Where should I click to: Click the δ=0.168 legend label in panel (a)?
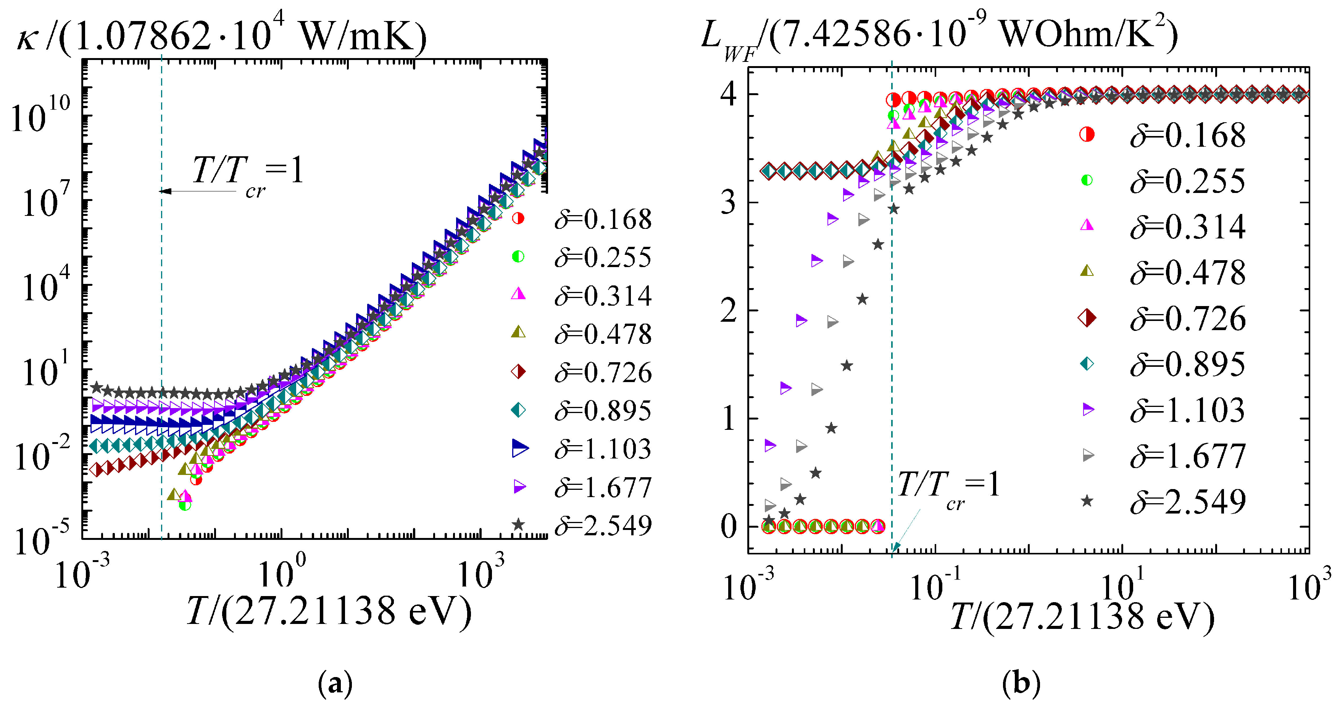coord(602,219)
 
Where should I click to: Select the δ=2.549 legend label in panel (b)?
coord(1188,502)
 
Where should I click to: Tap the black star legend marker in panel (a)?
coord(518,525)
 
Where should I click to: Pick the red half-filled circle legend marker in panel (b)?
coord(1087,134)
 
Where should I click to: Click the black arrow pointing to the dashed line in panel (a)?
coord(198,191)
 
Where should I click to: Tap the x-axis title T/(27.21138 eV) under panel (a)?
coord(329,611)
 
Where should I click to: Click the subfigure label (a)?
coord(334,684)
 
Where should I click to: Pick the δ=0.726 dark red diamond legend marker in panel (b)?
coord(1087,318)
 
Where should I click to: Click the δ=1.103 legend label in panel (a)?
coord(602,449)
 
